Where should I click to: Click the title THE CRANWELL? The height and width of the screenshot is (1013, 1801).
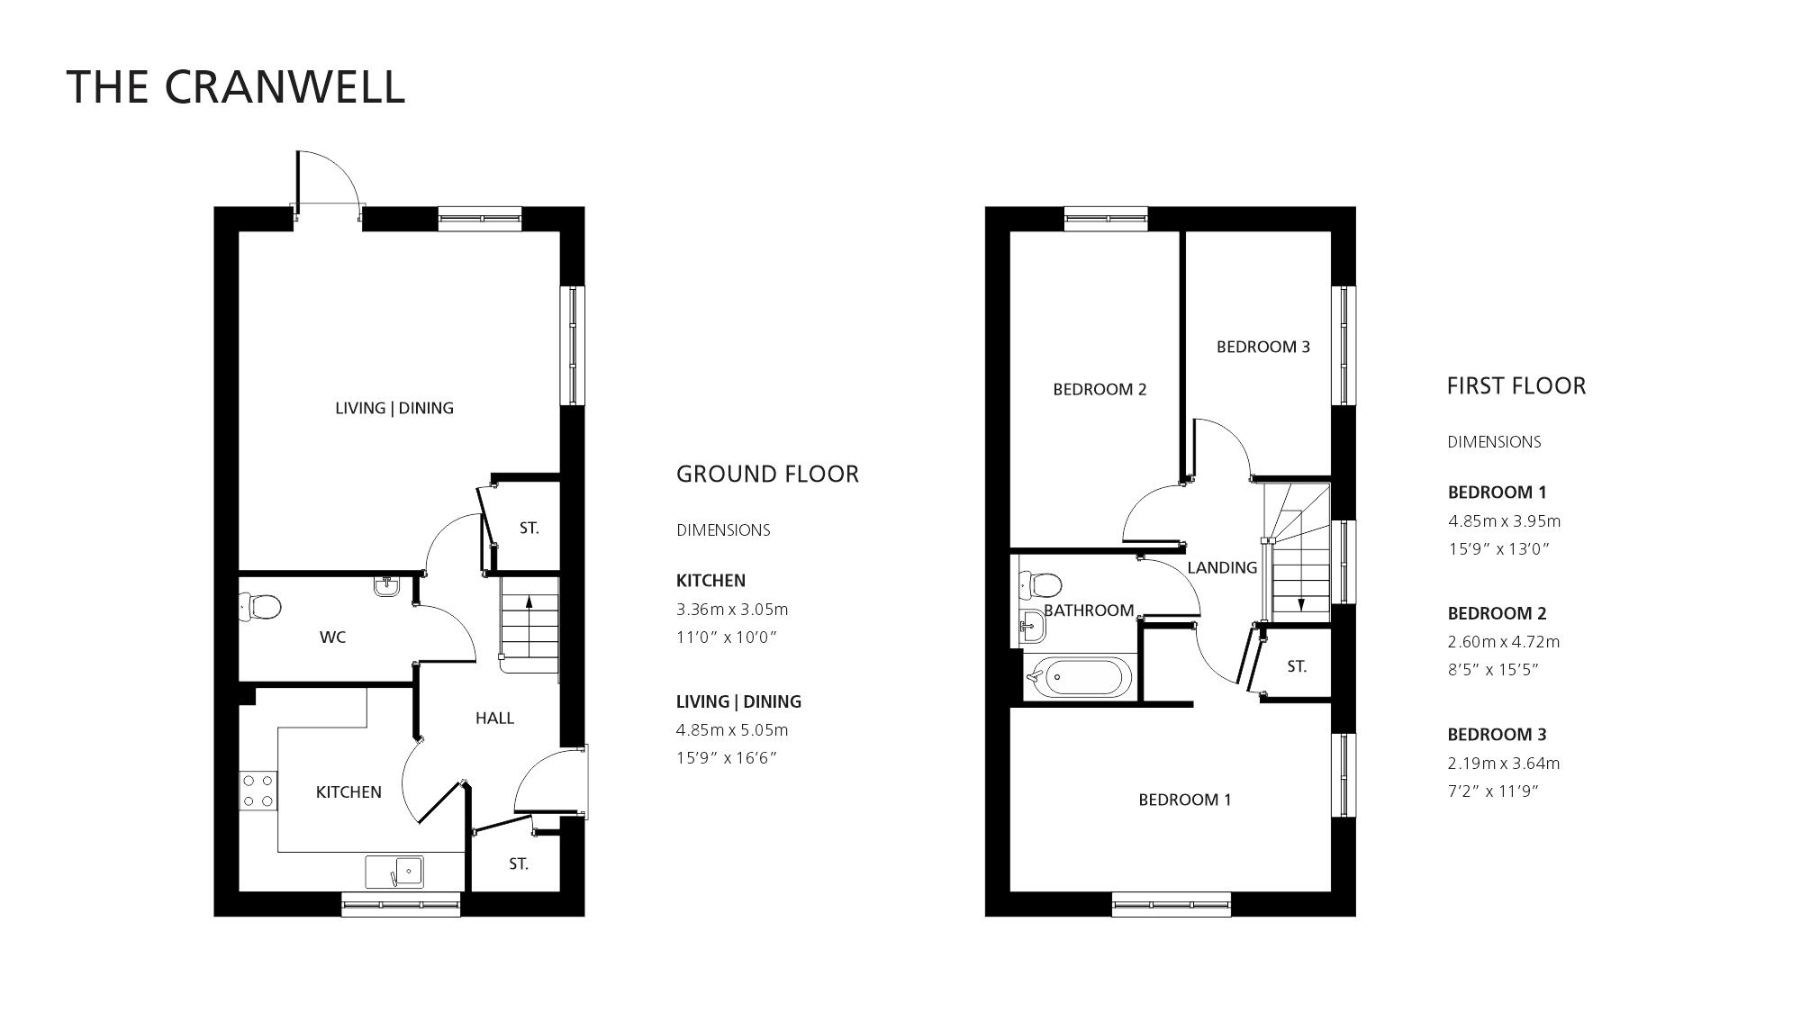point(236,87)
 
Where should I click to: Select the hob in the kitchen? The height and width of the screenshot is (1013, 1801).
point(258,790)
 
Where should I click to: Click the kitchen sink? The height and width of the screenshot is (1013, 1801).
point(394,872)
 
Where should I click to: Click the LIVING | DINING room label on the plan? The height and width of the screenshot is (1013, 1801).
point(394,408)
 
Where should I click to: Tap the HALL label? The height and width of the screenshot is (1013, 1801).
point(494,718)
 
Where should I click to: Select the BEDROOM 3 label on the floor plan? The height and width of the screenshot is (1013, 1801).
point(1263,347)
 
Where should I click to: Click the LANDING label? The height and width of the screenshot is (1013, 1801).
point(1221,567)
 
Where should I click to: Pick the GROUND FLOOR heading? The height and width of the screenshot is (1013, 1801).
point(767,475)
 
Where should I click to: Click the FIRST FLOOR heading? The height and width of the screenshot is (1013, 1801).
point(1516,386)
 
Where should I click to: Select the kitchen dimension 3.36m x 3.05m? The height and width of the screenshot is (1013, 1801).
point(732,610)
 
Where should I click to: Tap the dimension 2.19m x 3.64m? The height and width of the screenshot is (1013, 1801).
point(1504,764)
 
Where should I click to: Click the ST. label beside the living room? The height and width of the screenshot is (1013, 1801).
point(529,529)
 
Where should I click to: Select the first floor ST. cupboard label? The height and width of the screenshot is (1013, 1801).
point(1297,667)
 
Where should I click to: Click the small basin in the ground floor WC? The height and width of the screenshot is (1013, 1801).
point(385,587)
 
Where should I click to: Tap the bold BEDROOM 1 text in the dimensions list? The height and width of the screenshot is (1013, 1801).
point(1497,493)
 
